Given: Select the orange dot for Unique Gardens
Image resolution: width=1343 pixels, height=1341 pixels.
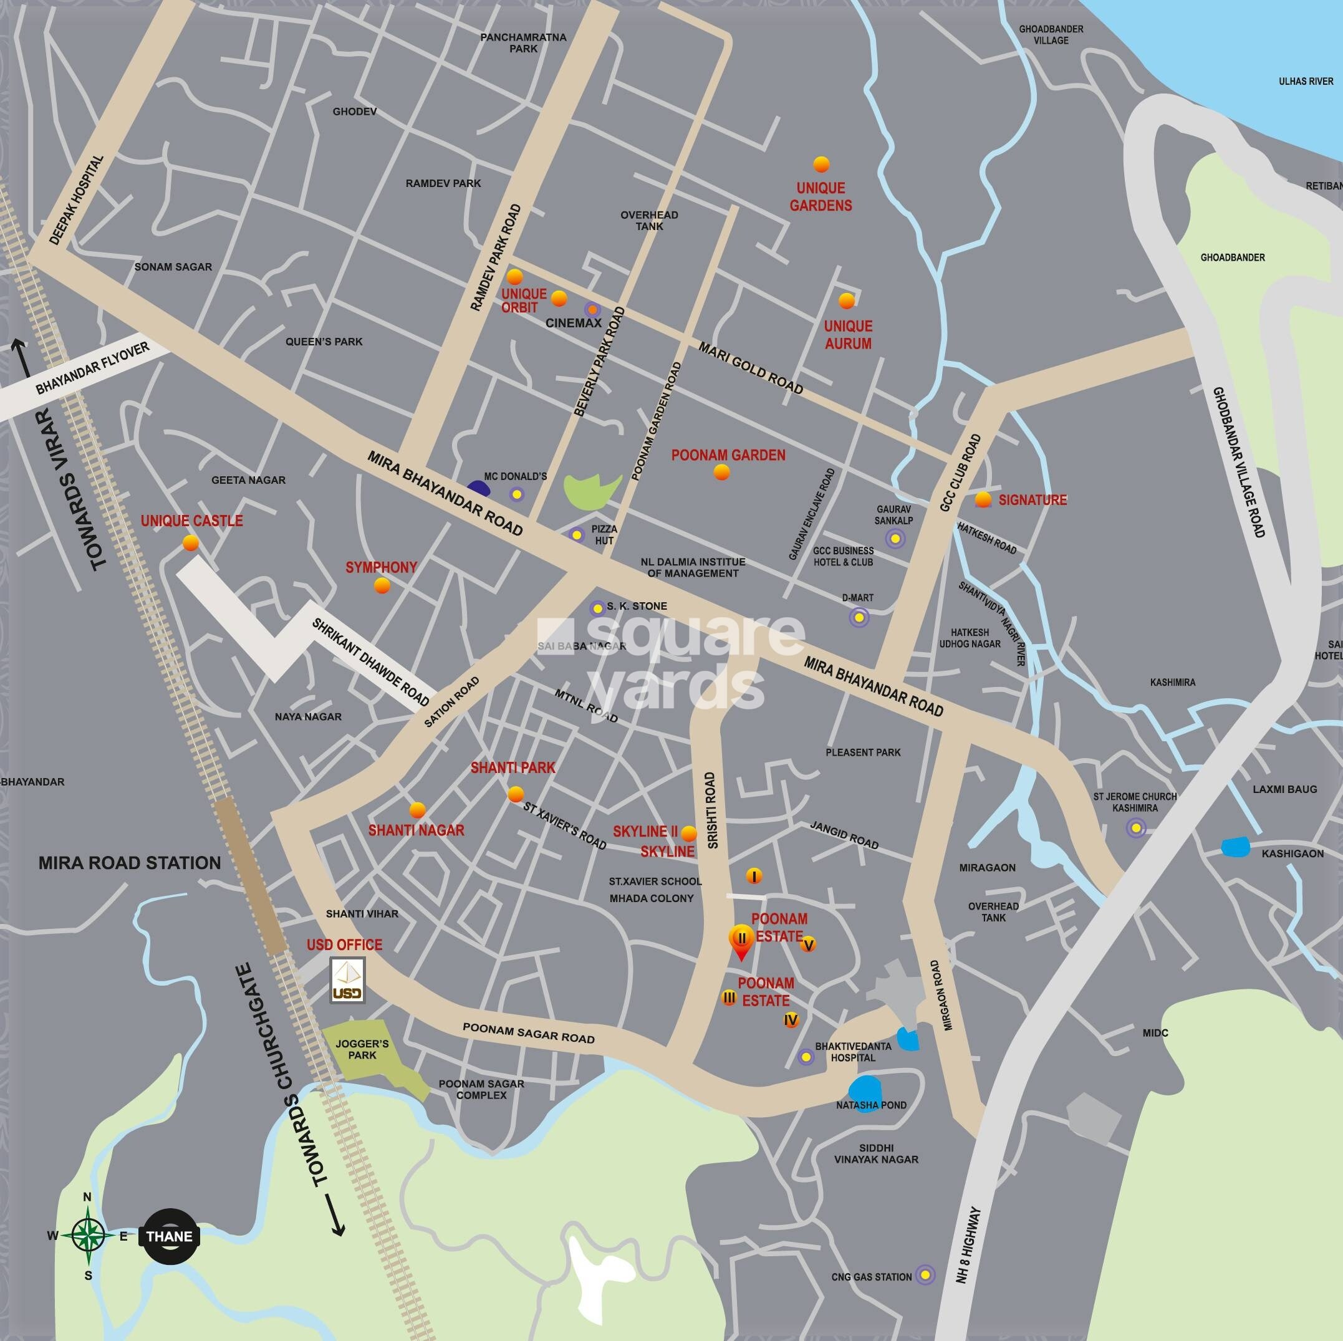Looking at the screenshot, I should click(x=821, y=165).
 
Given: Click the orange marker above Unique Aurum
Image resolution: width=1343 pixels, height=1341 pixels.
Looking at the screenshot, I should click(x=846, y=300).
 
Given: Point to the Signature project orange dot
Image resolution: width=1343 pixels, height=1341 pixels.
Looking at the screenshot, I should click(x=983, y=499).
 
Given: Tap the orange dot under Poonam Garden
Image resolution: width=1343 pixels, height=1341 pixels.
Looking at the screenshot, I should click(x=721, y=473).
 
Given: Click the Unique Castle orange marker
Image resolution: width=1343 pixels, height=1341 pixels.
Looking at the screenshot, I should click(x=190, y=543).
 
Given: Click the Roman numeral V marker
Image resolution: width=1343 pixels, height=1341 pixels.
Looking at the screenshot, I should click(x=808, y=944).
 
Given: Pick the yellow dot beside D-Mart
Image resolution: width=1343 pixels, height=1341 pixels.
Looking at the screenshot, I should click(x=859, y=617).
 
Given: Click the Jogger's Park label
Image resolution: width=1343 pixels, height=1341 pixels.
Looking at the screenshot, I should click(x=362, y=1049).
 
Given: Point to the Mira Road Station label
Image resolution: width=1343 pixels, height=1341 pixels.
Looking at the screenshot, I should click(x=129, y=863).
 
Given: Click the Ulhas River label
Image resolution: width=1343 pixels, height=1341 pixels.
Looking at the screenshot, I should click(x=1306, y=81).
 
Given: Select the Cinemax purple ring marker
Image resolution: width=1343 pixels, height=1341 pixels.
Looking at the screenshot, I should click(x=592, y=310).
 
